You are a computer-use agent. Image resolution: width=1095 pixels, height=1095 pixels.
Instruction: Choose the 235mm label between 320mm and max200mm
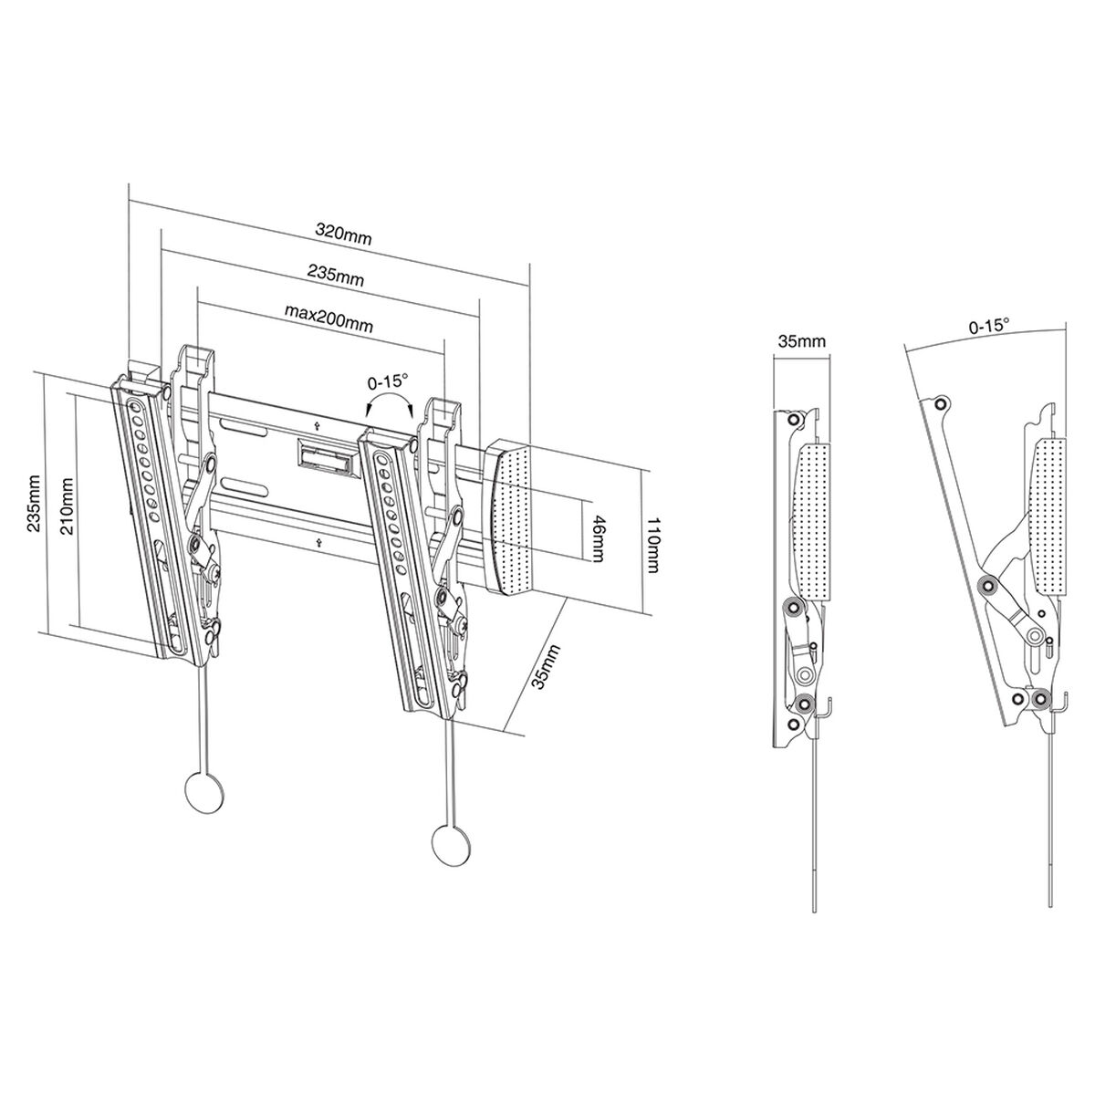pos(335,276)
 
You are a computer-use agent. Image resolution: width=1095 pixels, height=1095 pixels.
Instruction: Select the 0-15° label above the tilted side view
pos(988,325)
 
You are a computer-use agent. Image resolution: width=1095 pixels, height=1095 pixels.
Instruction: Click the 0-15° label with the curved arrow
pos(387,381)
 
